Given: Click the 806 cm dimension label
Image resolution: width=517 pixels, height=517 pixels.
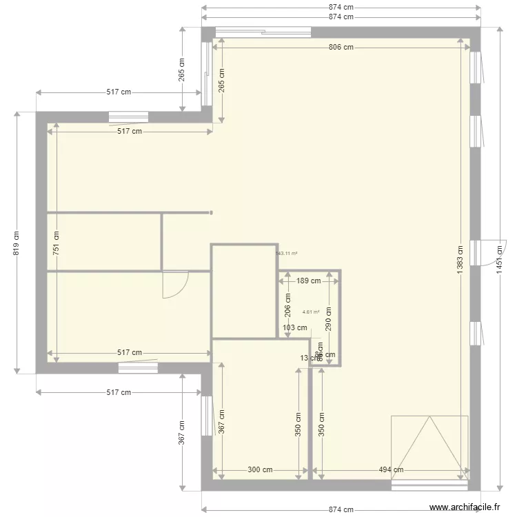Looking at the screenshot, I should (x=341, y=48).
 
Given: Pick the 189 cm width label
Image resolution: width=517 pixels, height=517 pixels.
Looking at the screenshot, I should (x=308, y=281).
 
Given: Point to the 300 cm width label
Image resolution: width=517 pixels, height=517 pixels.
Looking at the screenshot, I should (x=259, y=470).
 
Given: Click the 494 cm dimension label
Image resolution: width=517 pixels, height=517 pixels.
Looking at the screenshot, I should (x=390, y=470).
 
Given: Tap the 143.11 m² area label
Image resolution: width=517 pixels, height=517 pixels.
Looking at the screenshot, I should (x=286, y=253).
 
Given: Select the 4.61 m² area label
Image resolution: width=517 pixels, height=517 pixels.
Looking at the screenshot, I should (x=311, y=312).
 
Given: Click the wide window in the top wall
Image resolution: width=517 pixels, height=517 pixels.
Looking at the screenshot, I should (x=263, y=31).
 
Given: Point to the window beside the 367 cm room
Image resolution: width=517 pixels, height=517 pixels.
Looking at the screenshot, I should (x=206, y=416).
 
